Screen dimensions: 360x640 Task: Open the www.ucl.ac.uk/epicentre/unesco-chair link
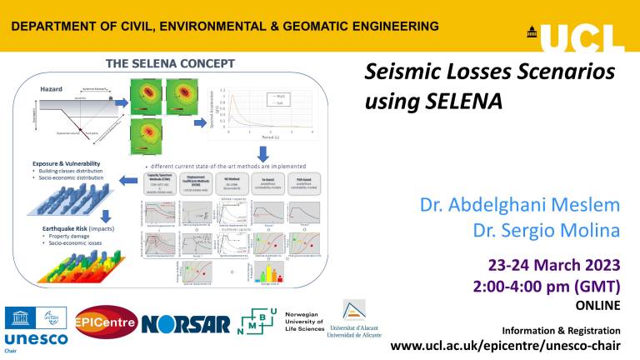(507, 345)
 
